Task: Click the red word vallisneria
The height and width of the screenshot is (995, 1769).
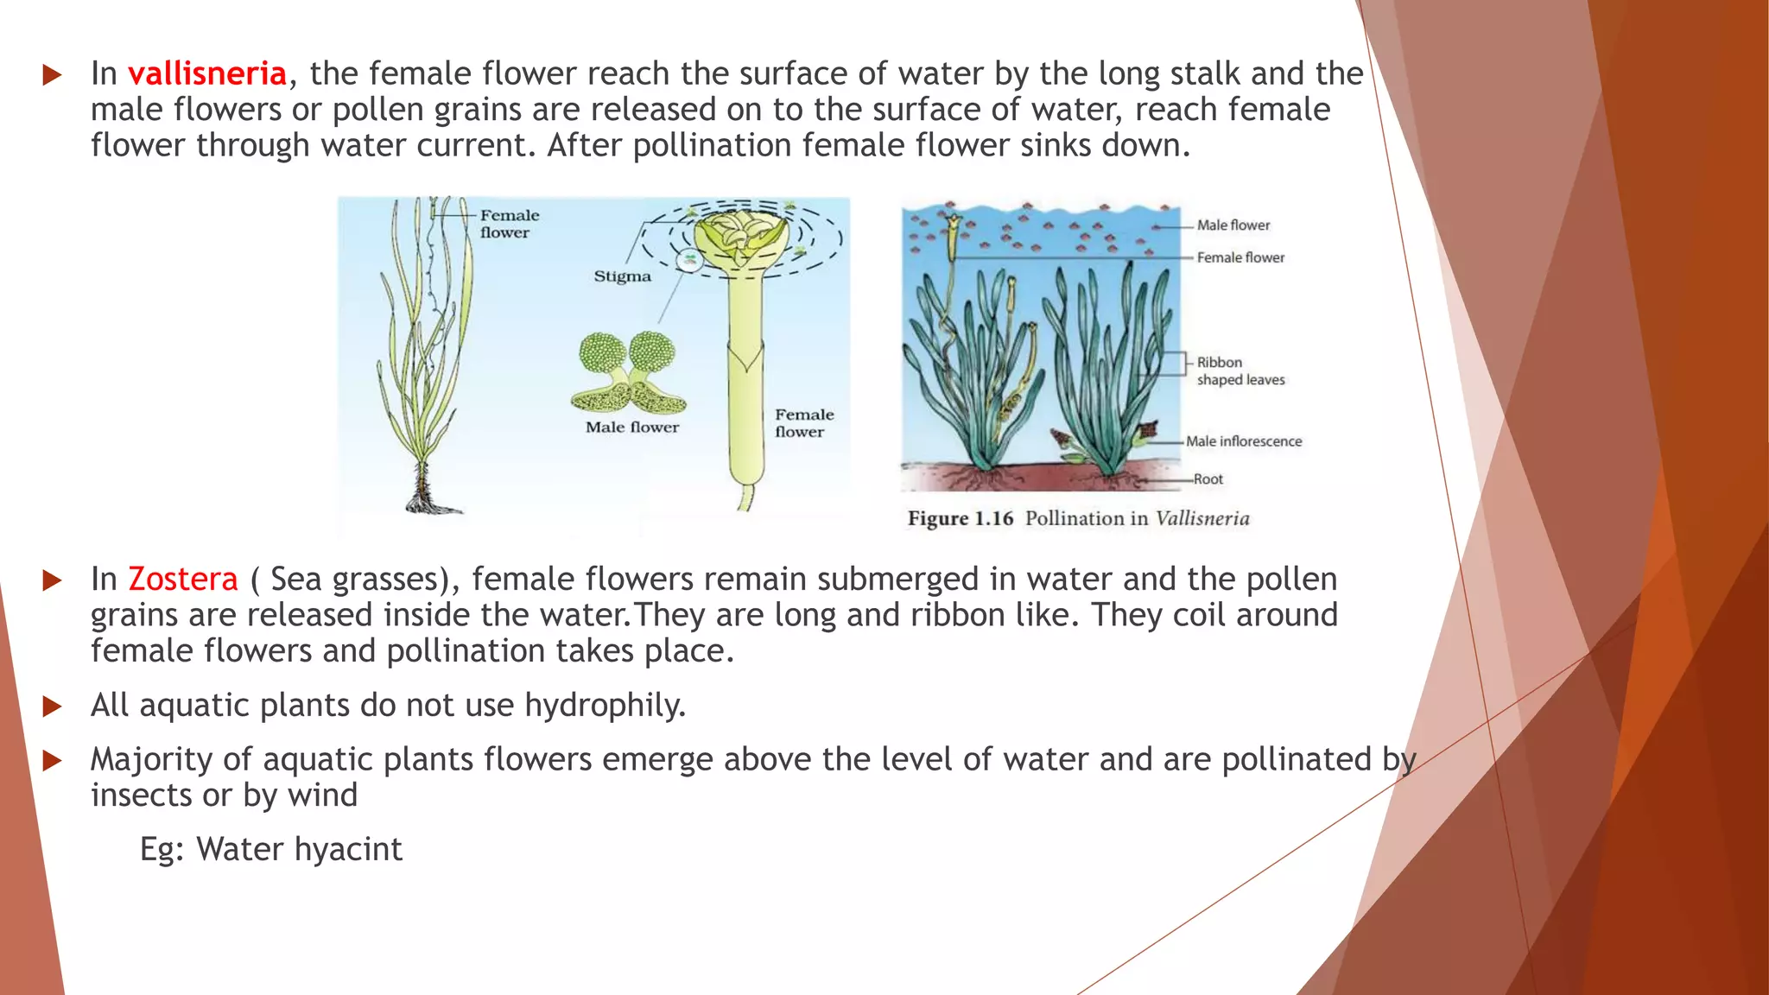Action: [207, 74]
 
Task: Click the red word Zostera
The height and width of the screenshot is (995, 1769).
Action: [182, 580]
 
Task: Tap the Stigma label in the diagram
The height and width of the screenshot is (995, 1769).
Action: [622, 276]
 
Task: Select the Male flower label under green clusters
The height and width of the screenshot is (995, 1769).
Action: [631, 428]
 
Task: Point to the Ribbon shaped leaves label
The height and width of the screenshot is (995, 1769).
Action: [1240, 371]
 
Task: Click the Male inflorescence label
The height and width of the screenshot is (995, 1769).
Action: [1243, 441]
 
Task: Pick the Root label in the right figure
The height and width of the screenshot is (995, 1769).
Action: [1208, 479]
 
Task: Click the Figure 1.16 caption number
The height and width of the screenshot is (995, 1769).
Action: [960, 519]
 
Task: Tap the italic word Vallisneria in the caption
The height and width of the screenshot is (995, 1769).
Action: [1202, 519]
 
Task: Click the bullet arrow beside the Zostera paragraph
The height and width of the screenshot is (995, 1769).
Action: [52, 580]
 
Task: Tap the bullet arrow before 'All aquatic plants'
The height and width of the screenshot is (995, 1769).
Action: [52, 707]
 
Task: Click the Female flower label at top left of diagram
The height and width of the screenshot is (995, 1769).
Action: [509, 224]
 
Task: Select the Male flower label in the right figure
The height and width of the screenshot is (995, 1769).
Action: [1233, 225]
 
